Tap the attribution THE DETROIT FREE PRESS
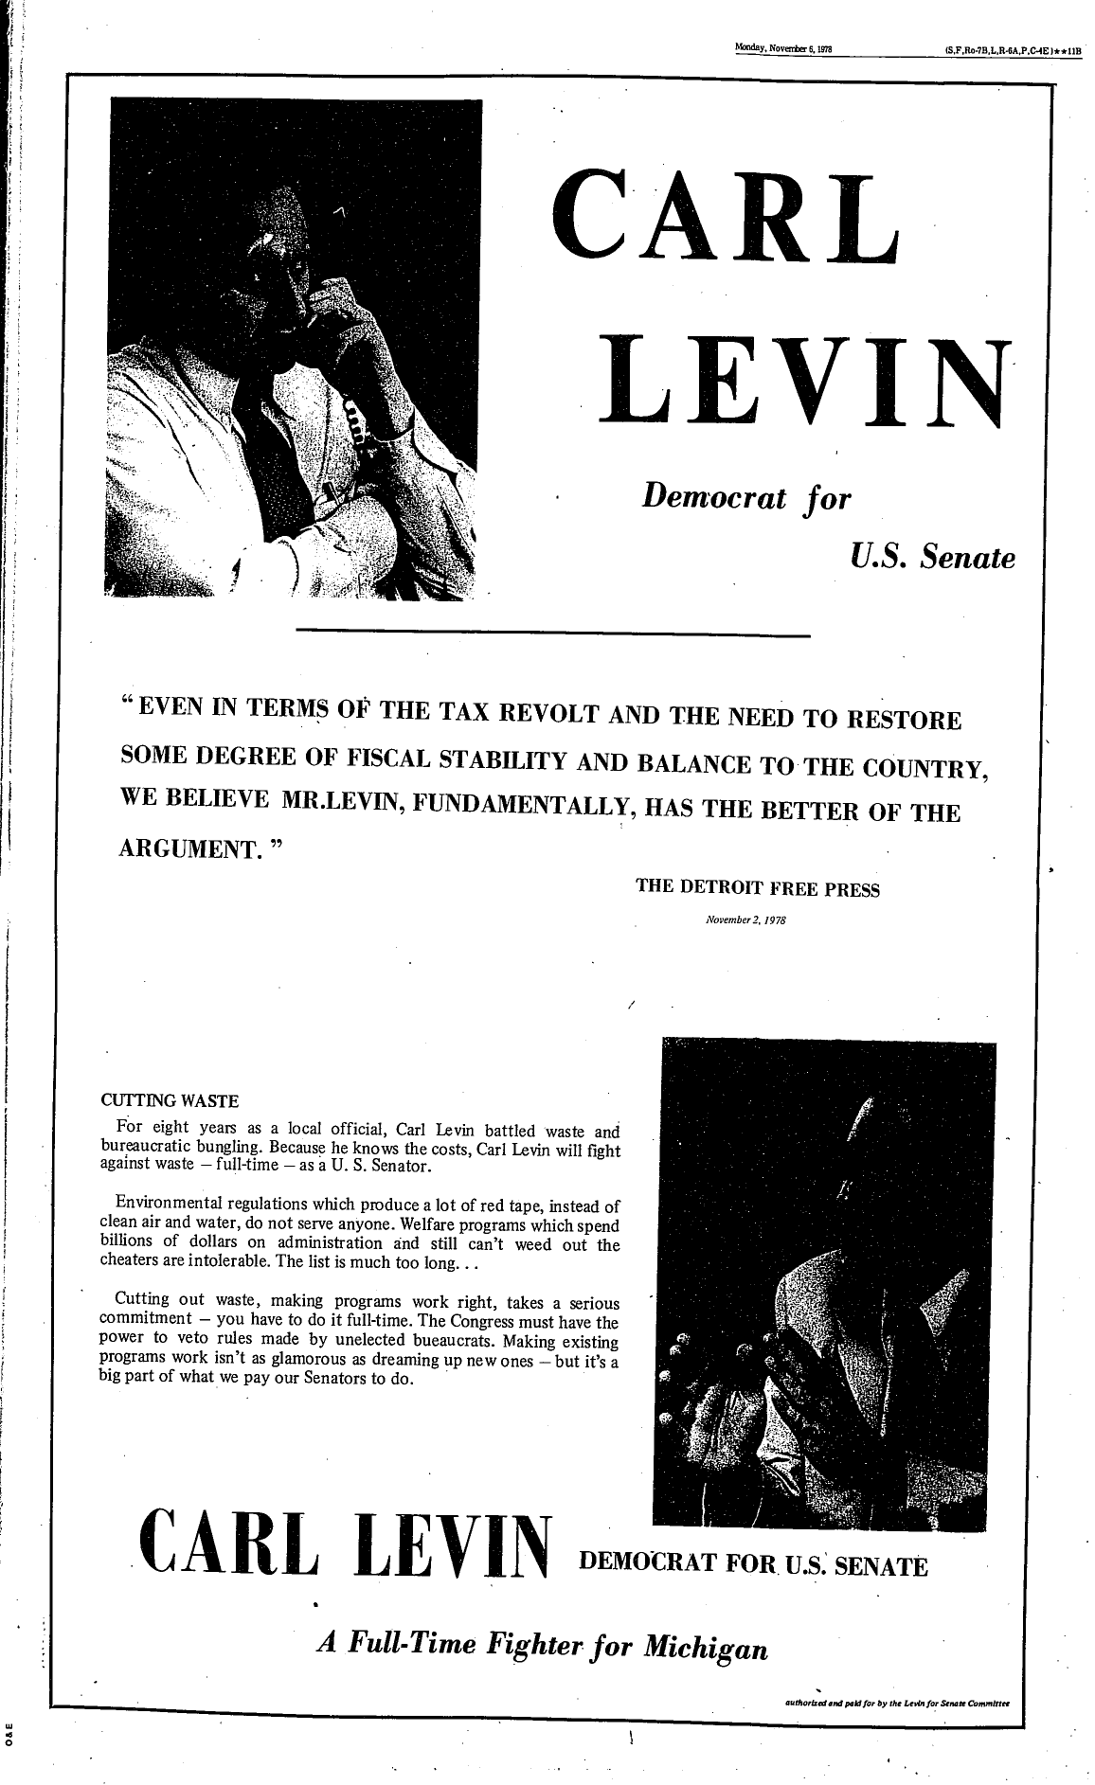click(x=758, y=890)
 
